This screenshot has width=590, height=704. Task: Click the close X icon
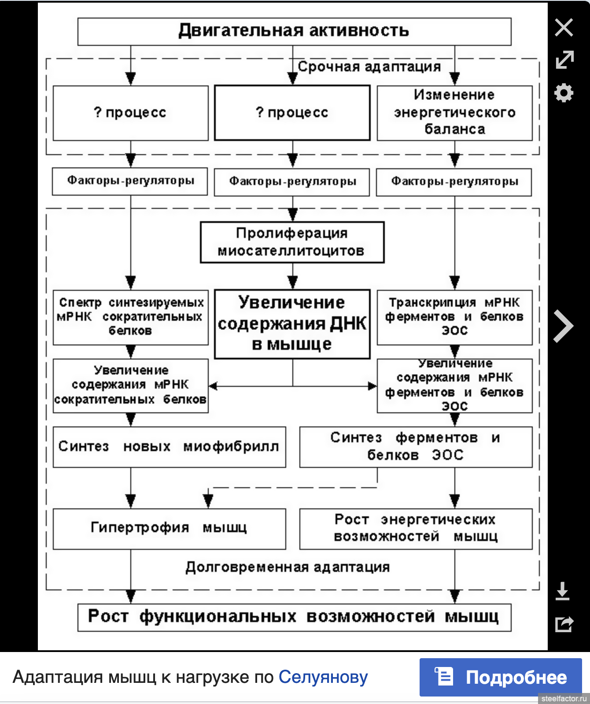point(564,27)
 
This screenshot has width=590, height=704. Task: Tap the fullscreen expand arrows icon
point(564,59)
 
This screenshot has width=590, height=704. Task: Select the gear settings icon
point(564,93)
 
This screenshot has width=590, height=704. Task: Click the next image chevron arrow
point(564,326)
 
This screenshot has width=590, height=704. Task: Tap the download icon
point(562,591)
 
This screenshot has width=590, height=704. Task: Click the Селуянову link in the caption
point(323,677)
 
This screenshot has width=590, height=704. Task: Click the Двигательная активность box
point(294,32)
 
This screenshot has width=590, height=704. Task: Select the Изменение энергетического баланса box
point(454,113)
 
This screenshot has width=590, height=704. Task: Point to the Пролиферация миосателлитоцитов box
point(292,242)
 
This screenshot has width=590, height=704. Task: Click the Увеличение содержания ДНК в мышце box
point(292,324)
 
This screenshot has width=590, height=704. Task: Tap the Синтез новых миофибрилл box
point(169,447)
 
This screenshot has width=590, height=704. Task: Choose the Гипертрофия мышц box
point(169,529)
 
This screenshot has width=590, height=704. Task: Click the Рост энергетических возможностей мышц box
point(416,529)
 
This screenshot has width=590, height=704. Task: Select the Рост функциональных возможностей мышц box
point(294,617)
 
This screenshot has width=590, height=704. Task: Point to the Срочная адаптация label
point(369,67)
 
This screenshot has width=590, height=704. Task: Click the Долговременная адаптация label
point(288,567)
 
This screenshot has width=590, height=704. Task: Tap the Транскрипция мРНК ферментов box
point(454,317)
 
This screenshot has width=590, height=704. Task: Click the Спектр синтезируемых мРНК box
point(130,317)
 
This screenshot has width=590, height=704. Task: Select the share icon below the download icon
point(564,624)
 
